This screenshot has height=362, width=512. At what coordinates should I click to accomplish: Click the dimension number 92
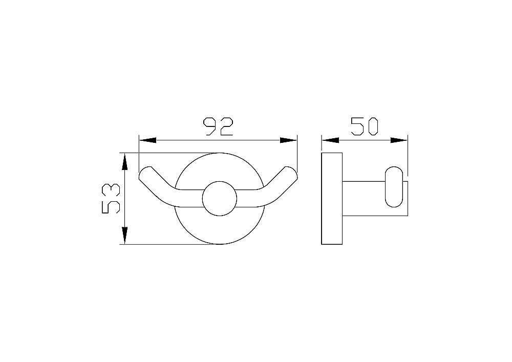pos(218,126)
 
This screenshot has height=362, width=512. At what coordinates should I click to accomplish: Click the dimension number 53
pos(111,199)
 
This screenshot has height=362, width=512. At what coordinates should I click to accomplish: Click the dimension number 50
pos(364,126)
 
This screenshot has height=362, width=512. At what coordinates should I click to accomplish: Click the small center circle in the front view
pos(219,199)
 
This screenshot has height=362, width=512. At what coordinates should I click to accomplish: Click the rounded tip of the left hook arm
pos(146,174)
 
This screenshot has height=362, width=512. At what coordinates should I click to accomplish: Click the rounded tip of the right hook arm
pos(291,173)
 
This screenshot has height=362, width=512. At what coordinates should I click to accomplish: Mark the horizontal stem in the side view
pos(364,198)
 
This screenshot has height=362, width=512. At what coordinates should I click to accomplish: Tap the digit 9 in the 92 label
pos(210,126)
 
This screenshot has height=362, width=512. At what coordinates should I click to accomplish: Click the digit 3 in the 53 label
pos(111,191)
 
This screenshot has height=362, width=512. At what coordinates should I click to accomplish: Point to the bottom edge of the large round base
pos(219,244)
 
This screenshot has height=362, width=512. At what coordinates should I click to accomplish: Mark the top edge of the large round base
pos(219,153)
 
